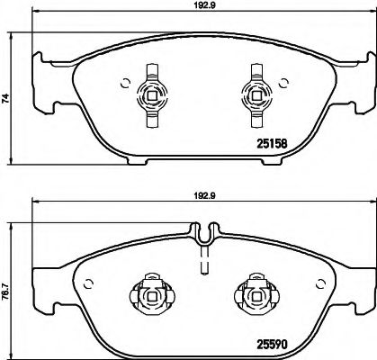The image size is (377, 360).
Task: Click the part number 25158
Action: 272,144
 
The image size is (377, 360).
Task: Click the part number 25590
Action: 272,344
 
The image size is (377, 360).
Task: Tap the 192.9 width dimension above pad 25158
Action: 205,5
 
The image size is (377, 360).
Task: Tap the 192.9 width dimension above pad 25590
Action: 205,196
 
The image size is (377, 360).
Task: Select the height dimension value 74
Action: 6,98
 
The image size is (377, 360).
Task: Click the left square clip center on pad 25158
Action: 152,95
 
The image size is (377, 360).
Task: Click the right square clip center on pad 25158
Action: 256,95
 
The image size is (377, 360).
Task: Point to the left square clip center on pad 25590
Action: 152,296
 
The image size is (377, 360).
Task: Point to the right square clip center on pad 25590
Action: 256,296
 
